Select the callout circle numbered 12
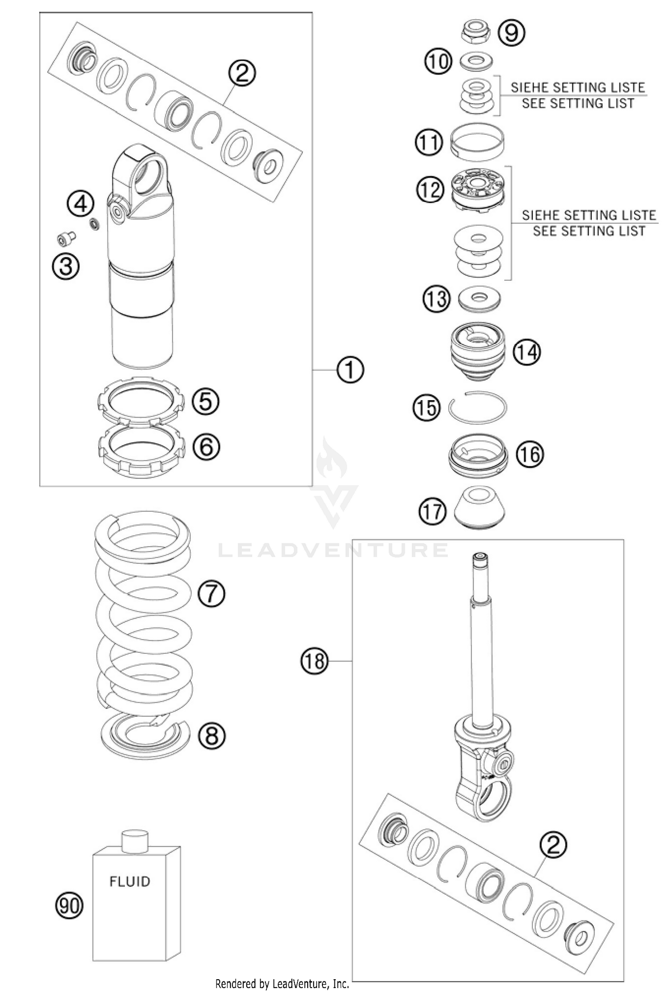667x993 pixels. pyautogui.click(x=430, y=189)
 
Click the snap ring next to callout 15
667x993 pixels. pyautogui.click(x=477, y=408)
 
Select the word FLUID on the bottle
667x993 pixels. pyautogui.click(x=130, y=881)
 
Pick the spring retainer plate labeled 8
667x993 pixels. pyautogui.click(x=145, y=736)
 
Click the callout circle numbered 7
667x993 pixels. pyautogui.click(x=211, y=593)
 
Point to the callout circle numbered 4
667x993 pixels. pyautogui.click(x=80, y=205)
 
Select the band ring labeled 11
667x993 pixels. pyautogui.click(x=477, y=142)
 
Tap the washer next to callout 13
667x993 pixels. pyautogui.click(x=479, y=298)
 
